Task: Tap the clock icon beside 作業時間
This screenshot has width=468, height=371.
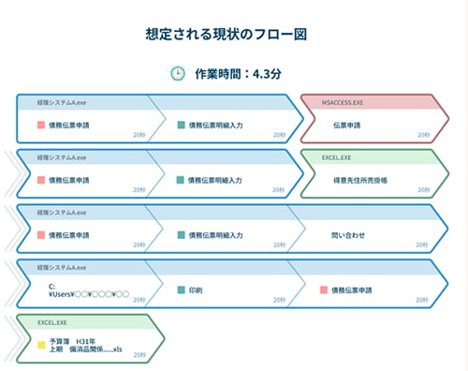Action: click(x=177, y=74)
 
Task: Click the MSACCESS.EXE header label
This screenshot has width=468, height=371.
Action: click(x=344, y=100)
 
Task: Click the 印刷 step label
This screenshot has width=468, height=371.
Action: click(x=196, y=290)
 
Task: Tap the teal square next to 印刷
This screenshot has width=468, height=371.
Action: click(x=181, y=290)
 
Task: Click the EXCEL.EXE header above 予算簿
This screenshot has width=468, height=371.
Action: click(x=54, y=322)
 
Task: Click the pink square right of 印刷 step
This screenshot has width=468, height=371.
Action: click(x=323, y=290)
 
